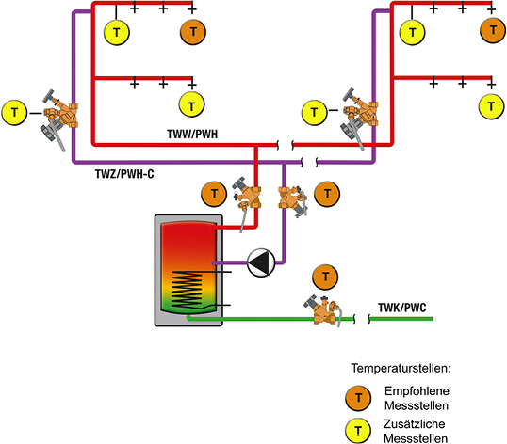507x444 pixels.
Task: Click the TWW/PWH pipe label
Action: (x=192, y=134)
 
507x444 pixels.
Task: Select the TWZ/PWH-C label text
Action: (x=124, y=174)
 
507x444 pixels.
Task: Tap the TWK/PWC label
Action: (x=402, y=308)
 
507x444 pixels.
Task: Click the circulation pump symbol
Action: (x=261, y=262)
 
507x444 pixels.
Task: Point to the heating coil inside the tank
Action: (x=188, y=289)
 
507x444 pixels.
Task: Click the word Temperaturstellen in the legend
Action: (x=401, y=368)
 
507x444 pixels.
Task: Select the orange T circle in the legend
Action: (x=358, y=398)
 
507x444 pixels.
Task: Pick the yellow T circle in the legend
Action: (x=358, y=431)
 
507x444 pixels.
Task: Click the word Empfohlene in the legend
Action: (x=417, y=391)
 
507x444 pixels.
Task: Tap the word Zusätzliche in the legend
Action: (x=415, y=423)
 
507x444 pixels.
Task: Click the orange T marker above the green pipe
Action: (x=325, y=277)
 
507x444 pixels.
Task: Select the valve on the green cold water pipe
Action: (x=323, y=310)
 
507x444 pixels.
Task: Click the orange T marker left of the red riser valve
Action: (x=214, y=194)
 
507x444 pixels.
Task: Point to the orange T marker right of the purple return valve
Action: (x=327, y=194)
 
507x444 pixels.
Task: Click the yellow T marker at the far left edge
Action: (x=14, y=113)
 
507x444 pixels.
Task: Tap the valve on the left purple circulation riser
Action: (x=60, y=118)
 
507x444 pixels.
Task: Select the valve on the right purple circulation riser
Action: (x=360, y=117)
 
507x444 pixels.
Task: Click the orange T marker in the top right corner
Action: (x=493, y=30)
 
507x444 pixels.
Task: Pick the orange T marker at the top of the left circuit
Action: (x=193, y=32)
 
